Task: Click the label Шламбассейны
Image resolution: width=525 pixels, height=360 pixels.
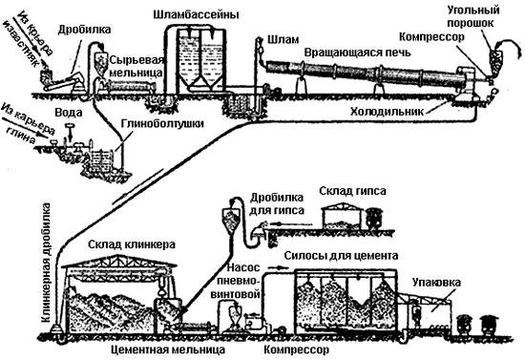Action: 197,15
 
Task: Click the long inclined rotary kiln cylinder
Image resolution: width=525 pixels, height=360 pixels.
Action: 363,76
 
